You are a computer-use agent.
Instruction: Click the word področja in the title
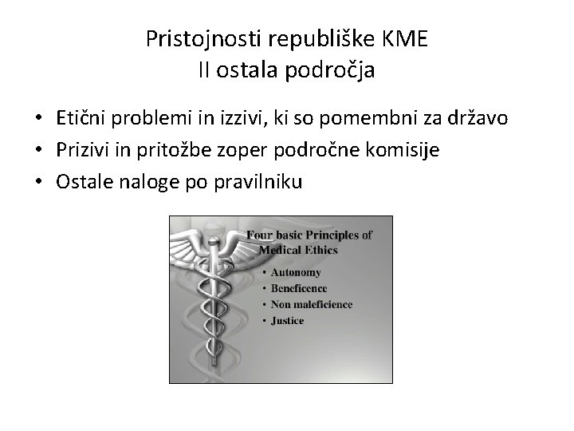(332, 71)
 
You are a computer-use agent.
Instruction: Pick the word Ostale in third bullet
(82, 182)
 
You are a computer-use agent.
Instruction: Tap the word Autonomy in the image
(297, 272)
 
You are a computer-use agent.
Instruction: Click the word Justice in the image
(288, 321)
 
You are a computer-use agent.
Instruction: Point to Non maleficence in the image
(312, 304)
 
